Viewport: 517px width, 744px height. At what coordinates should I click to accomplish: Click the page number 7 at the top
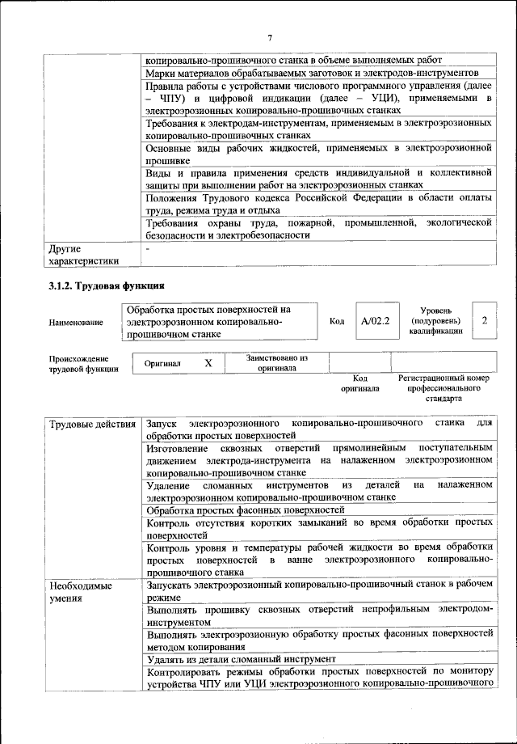pos(270,37)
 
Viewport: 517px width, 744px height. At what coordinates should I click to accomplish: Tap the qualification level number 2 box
pos(484,321)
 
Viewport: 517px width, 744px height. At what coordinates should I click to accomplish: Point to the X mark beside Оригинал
pos(208,363)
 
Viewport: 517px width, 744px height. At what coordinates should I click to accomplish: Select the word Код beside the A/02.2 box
pos(338,321)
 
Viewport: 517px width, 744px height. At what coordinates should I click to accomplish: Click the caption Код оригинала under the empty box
pos(359,383)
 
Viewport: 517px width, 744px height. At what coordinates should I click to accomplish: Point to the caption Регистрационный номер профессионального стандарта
pos(443,388)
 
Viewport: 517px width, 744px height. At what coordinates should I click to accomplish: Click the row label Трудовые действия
pos(92,424)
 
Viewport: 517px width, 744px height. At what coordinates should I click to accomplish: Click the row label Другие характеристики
pos(83,255)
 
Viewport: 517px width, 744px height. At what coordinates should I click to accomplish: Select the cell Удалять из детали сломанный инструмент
pos(241,659)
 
